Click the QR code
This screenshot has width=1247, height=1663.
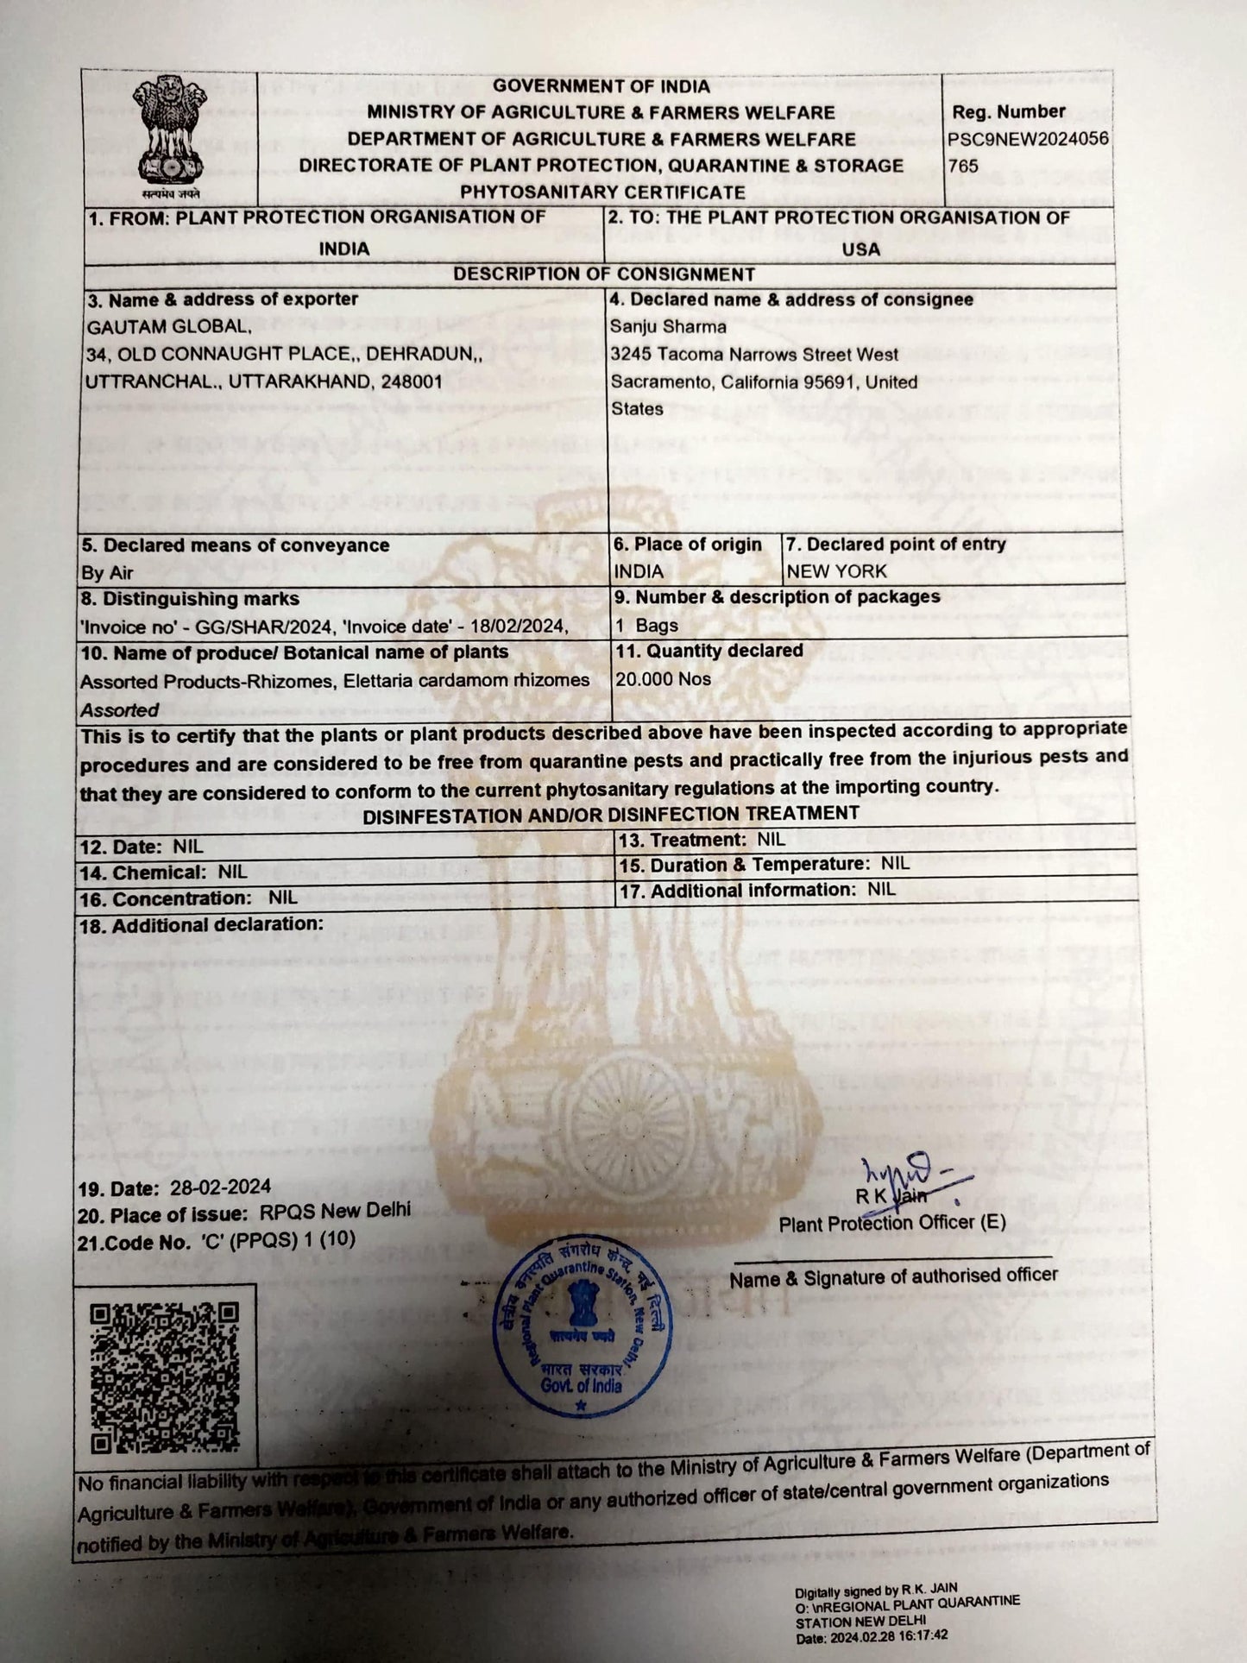click(x=164, y=1377)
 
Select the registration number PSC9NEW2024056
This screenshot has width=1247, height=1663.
click(x=1028, y=139)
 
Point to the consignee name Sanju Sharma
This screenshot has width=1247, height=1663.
click(x=668, y=327)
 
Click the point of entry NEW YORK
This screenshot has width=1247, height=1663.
click(x=836, y=571)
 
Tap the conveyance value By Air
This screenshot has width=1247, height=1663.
click(x=108, y=573)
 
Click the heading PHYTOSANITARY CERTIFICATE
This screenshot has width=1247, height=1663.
click(x=602, y=192)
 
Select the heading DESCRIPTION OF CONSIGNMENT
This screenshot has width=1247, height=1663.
click(x=604, y=274)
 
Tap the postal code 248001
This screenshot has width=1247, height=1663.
click(x=406, y=381)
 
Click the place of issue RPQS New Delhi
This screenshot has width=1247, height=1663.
click(x=335, y=1212)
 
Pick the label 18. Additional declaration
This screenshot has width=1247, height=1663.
click(x=201, y=925)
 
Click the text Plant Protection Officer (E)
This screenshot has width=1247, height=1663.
click(x=891, y=1224)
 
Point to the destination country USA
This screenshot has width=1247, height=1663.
click(x=860, y=249)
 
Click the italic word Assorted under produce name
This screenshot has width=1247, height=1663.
click(x=120, y=710)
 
